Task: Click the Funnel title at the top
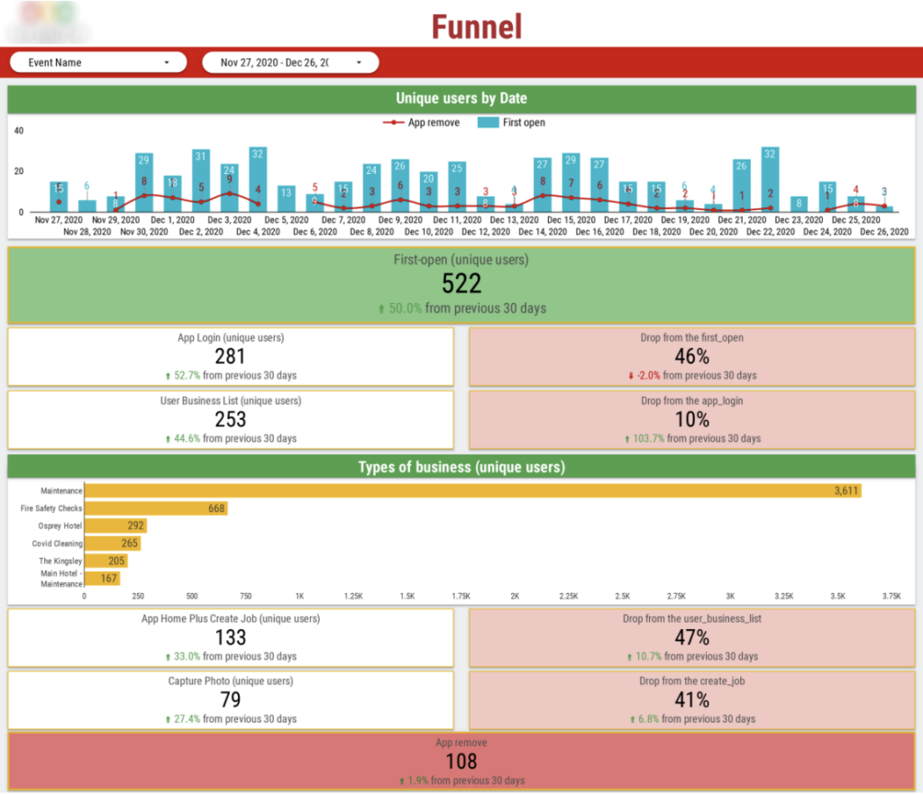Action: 476,26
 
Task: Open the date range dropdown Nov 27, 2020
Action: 289,62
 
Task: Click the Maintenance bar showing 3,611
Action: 472,491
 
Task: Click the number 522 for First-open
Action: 461,283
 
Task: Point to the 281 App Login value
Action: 230,356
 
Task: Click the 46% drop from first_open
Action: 691,356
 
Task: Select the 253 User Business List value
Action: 230,419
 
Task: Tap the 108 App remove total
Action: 461,763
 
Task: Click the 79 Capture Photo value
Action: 230,699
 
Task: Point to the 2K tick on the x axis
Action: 516,596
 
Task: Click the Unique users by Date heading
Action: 461,98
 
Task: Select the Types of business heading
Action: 461,467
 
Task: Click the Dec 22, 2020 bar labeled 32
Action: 770,179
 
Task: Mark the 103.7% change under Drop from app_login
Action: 650,439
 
